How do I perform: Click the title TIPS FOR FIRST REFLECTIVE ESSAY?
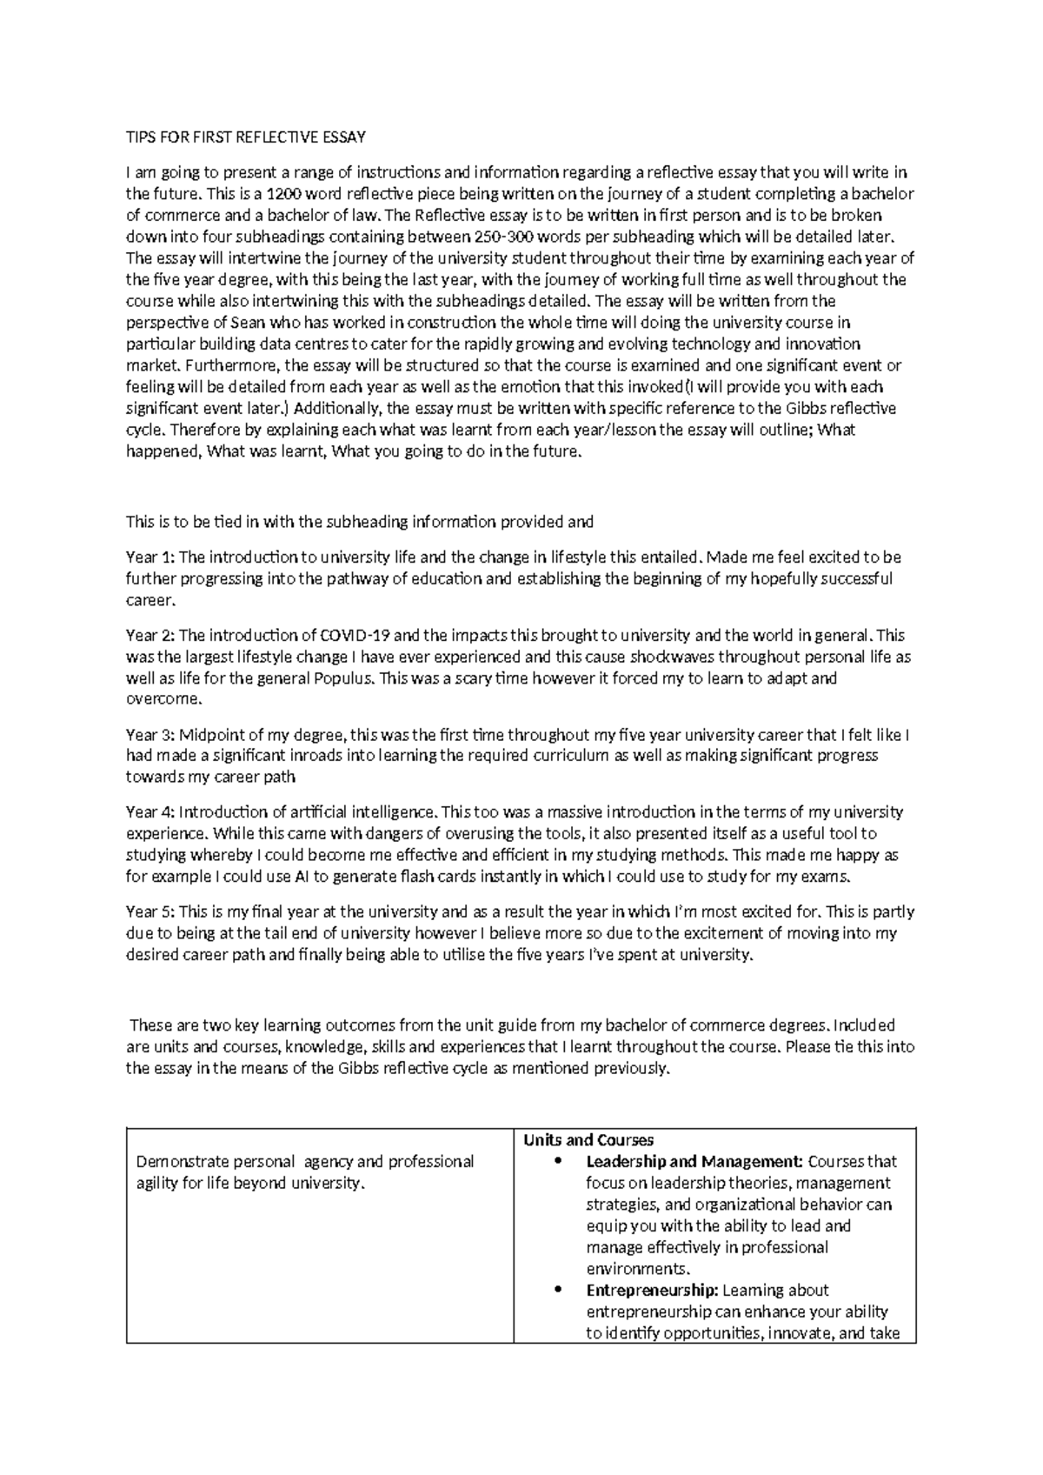(x=246, y=137)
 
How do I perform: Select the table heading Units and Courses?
(x=588, y=1140)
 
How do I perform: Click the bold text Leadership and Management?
(x=694, y=1162)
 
